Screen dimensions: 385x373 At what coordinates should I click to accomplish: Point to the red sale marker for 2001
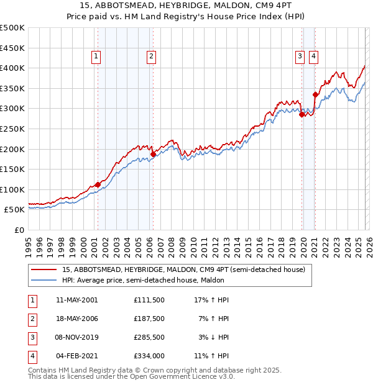[x=98, y=184]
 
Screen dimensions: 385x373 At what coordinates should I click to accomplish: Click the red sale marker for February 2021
[x=315, y=95]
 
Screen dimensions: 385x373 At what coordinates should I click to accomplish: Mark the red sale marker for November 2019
[x=302, y=114]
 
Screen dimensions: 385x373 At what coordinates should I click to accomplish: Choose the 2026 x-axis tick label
[x=369, y=244]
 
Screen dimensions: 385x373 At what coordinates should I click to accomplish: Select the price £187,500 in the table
[x=149, y=319]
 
